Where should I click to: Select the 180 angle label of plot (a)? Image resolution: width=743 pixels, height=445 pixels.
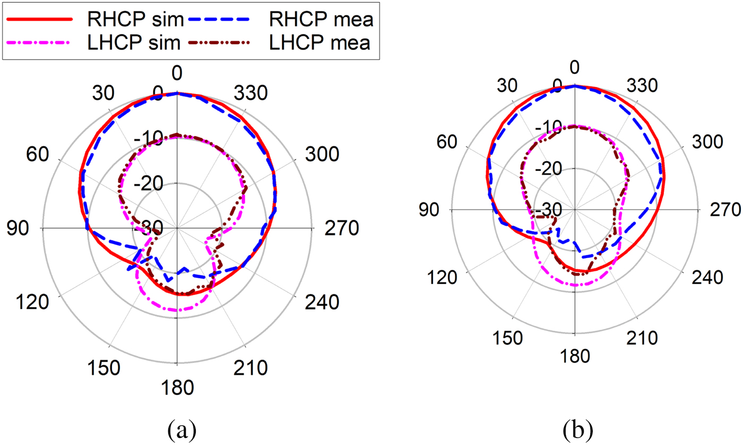[x=177, y=388]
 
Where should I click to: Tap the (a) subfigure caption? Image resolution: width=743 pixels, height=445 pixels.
[x=176, y=426]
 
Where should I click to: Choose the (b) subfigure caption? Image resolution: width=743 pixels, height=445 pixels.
[x=575, y=426]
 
